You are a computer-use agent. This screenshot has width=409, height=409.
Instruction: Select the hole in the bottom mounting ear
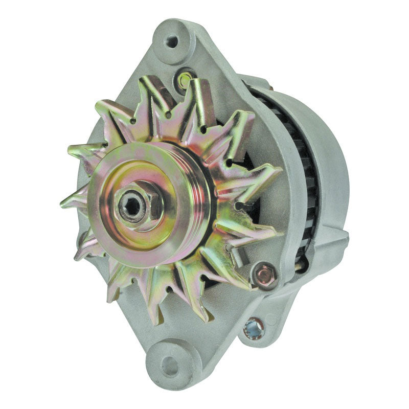[169, 365]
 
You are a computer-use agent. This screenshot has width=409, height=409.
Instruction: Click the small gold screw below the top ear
[185, 79]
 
